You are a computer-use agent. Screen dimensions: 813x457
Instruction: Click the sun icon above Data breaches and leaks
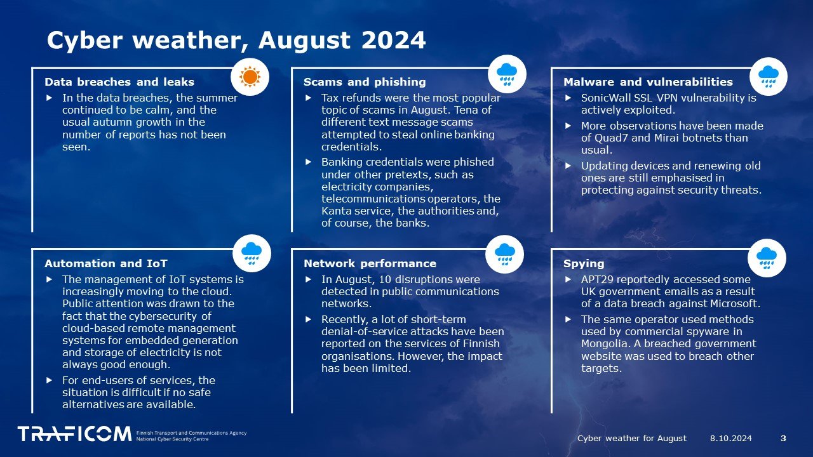(x=250, y=77)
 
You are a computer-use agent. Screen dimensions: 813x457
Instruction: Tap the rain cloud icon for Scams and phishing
(x=507, y=74)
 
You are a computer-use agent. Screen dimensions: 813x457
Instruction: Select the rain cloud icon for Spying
(x=767, y=258)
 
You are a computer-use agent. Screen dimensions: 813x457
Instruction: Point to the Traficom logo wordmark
(x=74, y=434)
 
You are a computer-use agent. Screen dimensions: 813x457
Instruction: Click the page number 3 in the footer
(x=783, y=438)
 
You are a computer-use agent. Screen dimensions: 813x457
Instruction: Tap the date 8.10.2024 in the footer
(x=731, y=438)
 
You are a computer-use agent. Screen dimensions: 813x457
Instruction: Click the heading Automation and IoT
(x=106, y=263)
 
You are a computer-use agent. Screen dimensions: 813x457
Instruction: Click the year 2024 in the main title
(x=393, y=40)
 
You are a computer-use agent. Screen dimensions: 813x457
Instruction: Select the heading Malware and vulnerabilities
(x=648, y=82)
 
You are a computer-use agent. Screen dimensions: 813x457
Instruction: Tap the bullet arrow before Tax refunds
(x=309, y=98)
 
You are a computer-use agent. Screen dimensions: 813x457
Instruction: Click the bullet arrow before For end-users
(x=50, y=380)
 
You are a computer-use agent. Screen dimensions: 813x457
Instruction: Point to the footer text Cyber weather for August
(x=632, y=438)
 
